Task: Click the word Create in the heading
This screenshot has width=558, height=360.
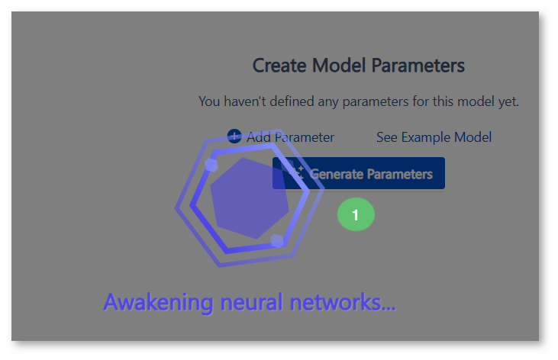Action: pyautogui.click(x=279, y=66)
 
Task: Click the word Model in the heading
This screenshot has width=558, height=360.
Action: pyautogui.click(x=339, y=66)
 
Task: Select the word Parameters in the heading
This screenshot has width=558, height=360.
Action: pyautogui.click(x=418, y=66)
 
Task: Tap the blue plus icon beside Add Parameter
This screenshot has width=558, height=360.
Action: pyautogui.click(x=234, y=137)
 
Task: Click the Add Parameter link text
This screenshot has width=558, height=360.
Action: pyautogui.click(x=290, y=137)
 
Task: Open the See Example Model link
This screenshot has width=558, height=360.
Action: pyautogui.click(x=434, y=137)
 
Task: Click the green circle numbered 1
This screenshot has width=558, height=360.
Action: pyautogui.click(x=356, y=214)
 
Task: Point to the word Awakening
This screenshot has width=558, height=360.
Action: pyautogui.click(x=158, y=303)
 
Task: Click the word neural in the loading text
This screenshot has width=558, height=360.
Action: pyautogui.click(x=251, y=302)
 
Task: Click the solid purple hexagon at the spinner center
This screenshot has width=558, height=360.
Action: pyautogui.click(x=250, y=198)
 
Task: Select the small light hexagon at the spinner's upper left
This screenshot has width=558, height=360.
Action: pyautogui.click(x=211, y=165)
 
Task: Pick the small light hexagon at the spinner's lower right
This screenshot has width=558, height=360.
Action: pyautogui.click(x=277, y=240)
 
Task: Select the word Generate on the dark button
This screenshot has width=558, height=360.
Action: pyautogui.click(x=337, y=174)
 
